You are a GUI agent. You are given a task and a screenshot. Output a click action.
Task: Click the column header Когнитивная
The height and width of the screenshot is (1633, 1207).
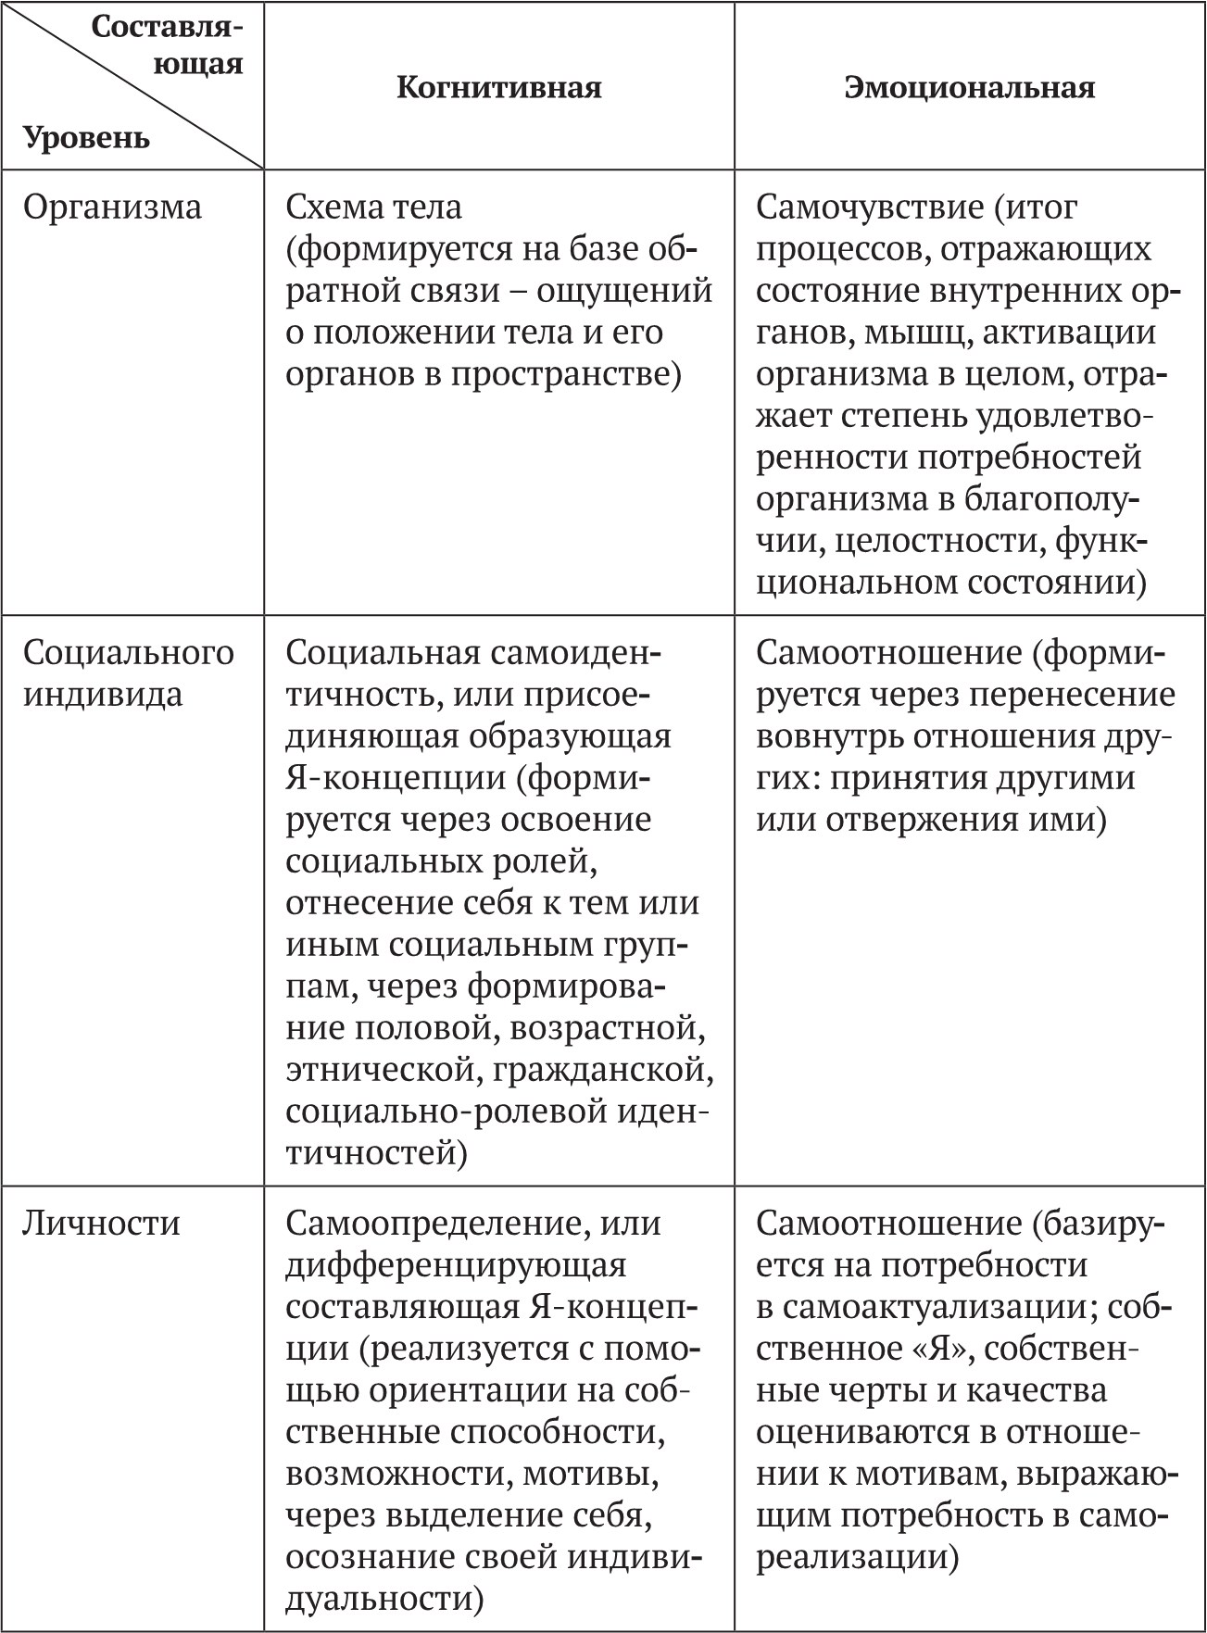click(x=499, y=87)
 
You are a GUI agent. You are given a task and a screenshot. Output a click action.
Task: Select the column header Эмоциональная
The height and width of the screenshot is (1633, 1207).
click(x=970, y=87)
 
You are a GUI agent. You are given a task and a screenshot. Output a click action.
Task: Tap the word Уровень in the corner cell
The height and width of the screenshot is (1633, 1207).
click(x=86, y=138)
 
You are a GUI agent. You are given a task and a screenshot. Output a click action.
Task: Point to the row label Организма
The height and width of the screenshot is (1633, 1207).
click(x=112, y=207)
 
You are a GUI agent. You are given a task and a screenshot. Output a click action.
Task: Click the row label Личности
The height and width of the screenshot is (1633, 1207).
click(x=101, y=1223)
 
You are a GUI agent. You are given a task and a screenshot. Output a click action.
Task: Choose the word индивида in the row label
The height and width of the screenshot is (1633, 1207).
click(x=103, y=695)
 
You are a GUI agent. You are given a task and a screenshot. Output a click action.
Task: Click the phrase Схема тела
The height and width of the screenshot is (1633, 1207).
click(x=373, y=207)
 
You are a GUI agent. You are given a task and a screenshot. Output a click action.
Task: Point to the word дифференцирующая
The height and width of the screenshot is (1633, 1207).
click(x=456, y=1264)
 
